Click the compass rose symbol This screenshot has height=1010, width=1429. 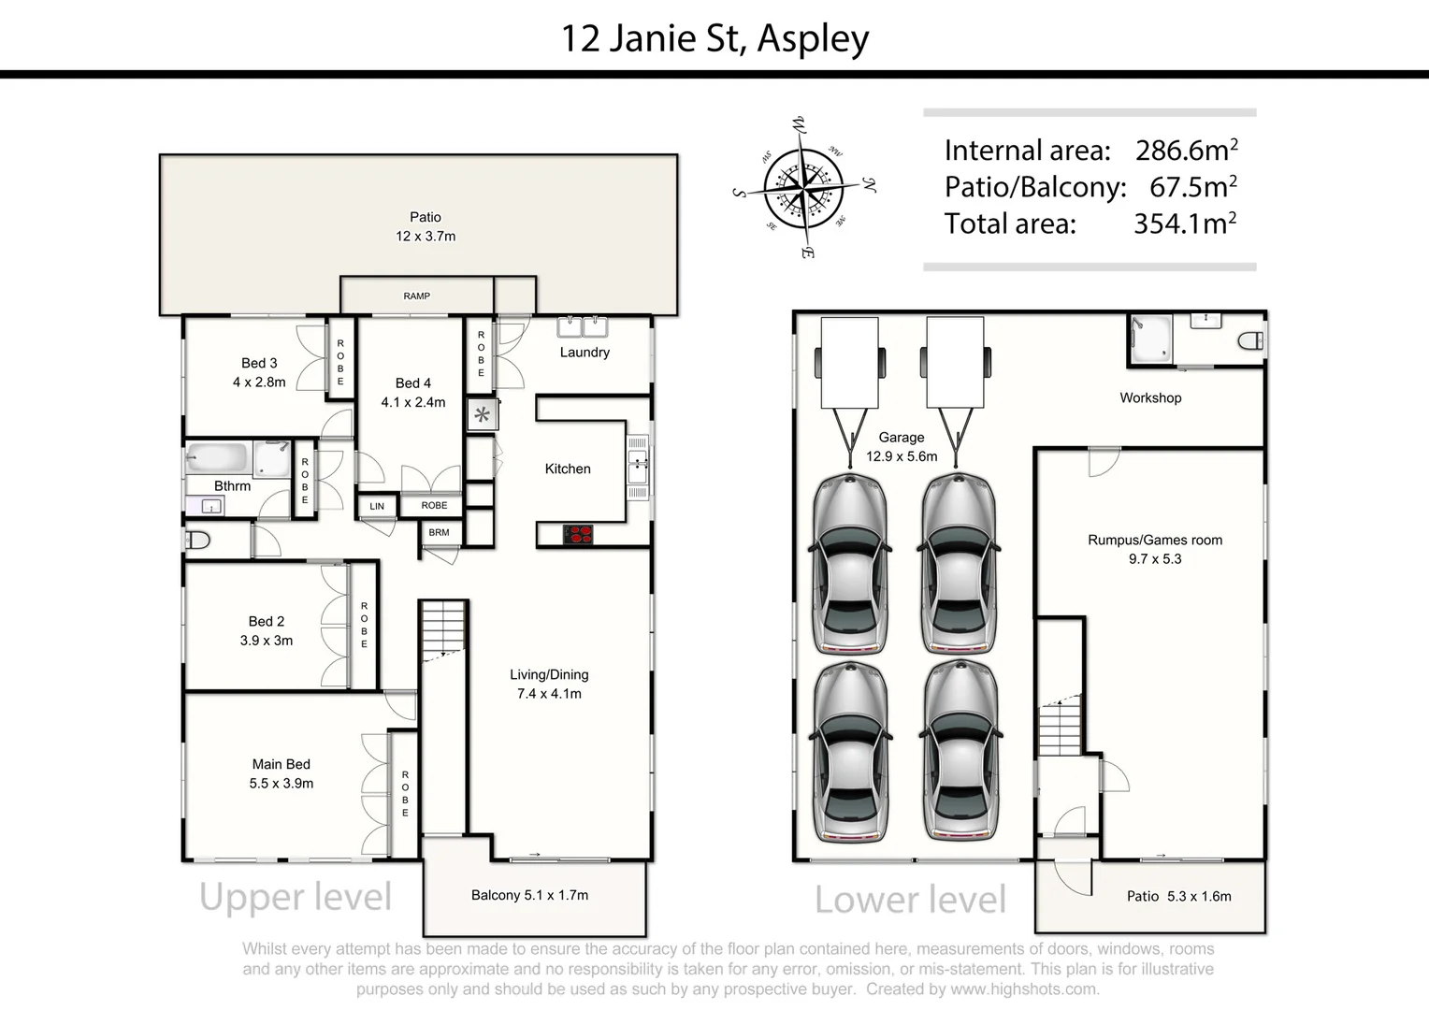[803, 188]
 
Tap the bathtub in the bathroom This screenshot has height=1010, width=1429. [217, 458]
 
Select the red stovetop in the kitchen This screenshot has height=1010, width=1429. [578, 534]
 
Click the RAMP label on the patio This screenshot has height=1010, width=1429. [416, 296]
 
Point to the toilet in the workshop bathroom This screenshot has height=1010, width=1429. [1249, 341]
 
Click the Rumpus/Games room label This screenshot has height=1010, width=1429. [1154, 540]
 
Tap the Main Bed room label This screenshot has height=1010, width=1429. [281, 764]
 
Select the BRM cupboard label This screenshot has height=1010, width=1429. [439, 532]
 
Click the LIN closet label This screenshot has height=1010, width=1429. [377, 506]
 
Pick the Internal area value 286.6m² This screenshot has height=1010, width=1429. [1186, 150]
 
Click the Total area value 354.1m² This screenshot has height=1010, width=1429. [1184, 224]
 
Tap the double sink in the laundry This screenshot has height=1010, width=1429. [584, 326]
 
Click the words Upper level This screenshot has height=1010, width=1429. [296, 897]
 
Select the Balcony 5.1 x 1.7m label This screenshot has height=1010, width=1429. [529, 895]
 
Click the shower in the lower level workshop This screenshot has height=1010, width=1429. [1149, 339]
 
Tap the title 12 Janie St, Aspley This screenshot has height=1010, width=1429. [714, 38]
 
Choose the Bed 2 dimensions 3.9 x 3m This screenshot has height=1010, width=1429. [267, 641]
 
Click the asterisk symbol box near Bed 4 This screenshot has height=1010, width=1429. [482, 414]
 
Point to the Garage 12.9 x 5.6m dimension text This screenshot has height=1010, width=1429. [901, 456]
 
